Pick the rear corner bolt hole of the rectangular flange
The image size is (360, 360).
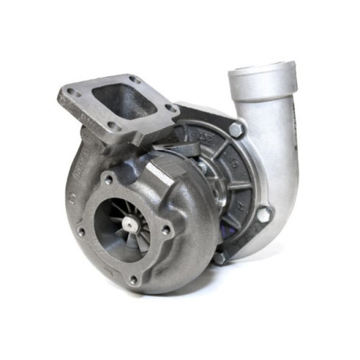click(x=134, y=80)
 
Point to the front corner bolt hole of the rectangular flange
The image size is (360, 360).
click(x=111, y=127)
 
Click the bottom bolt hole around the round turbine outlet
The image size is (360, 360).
click(x=133, y=278)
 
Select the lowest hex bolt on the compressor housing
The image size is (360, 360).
click(x=219, y=256)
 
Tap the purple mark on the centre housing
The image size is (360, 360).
click(x=228, y=228)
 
